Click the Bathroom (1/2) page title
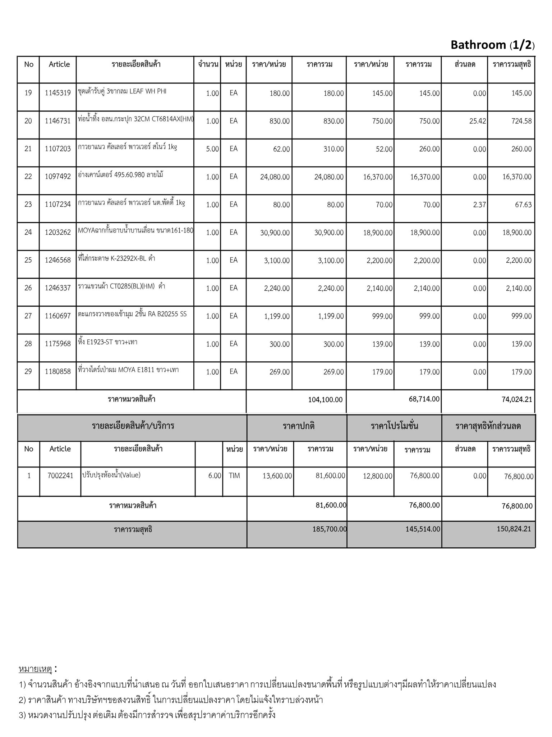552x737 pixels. coord(492,45)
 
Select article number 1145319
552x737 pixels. coord(57,93)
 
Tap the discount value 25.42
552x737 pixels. coord(477,121)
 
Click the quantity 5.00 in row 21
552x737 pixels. coord(212,149)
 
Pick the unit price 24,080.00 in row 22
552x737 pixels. coord(275,177)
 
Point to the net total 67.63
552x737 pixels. coord(523,205)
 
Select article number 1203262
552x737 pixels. coord(57,232)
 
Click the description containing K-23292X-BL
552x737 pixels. coord(116,258)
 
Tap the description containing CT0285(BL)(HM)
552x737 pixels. coord(121,286)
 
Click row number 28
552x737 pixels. coord(28,344)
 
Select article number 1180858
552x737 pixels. coord(57,372)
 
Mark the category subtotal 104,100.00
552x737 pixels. coord(325,400)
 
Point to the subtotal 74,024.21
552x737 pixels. coord(517,399)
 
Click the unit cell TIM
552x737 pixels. coord(234,476)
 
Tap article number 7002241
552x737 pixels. coord(60,476)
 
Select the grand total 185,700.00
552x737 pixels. coord(329,529)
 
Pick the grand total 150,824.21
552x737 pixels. coord(514,529)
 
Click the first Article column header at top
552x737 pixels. coord(59,64)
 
